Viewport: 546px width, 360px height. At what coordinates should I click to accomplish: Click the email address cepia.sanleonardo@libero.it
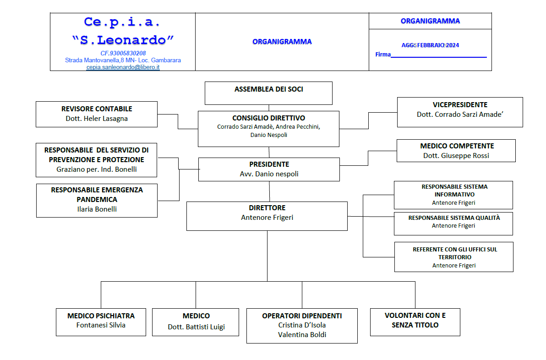point(123,67)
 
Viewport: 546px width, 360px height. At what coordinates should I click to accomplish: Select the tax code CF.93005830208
point(123,53)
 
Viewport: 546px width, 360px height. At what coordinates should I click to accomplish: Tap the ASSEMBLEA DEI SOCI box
point(268,93)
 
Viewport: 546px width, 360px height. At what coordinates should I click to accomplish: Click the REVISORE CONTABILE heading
point(97,109)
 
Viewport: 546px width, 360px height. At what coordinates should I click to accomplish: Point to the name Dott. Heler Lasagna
point(97,118)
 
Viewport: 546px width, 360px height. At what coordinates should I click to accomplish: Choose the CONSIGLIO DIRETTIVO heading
point(269,118)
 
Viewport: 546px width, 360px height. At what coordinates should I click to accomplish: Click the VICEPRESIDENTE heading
point(460,105)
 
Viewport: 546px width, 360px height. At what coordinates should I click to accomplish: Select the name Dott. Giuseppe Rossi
point(456,156)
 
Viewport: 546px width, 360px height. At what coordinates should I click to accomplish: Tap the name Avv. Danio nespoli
point(269,174)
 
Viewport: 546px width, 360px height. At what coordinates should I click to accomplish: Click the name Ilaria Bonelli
point(97,209)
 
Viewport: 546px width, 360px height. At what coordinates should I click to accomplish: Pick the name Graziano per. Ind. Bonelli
point(97,169)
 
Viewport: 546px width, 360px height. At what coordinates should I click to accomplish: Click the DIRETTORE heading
point(267,208)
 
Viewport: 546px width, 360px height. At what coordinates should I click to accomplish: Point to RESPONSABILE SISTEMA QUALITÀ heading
point(454,218)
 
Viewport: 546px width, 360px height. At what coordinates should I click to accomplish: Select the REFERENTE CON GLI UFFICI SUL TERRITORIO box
point(454,257)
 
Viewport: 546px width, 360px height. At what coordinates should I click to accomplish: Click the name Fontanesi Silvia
point(101,325)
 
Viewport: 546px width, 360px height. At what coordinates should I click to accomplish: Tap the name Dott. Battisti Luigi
point(197,327)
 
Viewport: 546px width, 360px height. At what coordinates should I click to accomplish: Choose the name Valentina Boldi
point(302,335)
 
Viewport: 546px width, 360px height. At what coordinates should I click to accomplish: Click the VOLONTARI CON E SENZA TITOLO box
point(415,322)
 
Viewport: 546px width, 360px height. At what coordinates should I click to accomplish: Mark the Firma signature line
point(439,57)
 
